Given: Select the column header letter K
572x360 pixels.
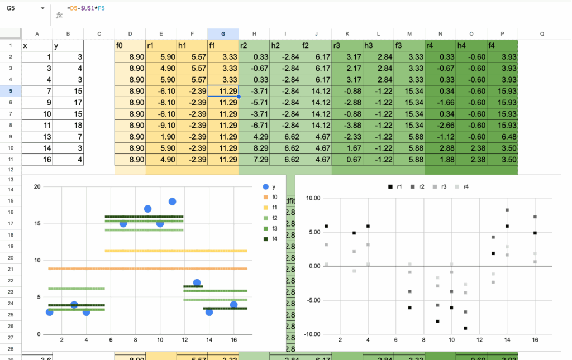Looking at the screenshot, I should tap(347, 33).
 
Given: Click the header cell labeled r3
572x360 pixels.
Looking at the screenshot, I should tap(347, 46).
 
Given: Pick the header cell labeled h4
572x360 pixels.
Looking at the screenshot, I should tap(471, 46).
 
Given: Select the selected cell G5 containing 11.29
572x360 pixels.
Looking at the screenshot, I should tap(223, 92).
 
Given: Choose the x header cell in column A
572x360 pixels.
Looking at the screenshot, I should tap(37, 46).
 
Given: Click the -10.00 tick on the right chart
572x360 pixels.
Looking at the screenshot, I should tap(311, 334).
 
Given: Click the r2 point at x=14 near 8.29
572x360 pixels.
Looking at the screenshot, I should tap(507, 210).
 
